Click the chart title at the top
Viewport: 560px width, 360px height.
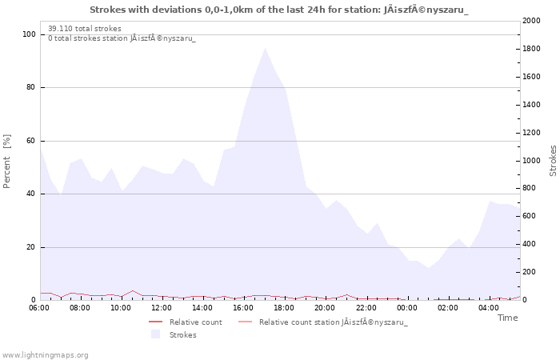click(x=279, y=10)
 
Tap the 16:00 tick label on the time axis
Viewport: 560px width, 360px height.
click(x=243, y=308)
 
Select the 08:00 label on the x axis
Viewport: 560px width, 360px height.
click(x=80, y=308)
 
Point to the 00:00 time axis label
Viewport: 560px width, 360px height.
click(x=406, y=308)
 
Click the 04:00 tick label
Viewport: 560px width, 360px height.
click(x=489, y=308)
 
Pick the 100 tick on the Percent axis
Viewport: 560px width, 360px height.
click(x=29, y=34)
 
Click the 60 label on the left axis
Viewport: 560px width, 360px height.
click(x=31, y=141)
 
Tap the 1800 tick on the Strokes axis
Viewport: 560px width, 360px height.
click(x=531, y=49)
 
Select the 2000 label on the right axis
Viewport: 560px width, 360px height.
click(x=531, y=21)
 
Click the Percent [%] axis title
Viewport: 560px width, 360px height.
click(x=6, y=161)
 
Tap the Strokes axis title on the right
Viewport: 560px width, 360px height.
click(x=553, y=161)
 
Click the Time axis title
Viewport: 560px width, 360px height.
click(x=507, y=318)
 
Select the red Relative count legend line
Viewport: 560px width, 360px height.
click(x=156, y=322)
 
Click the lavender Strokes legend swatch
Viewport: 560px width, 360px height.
click(x=155, y=334)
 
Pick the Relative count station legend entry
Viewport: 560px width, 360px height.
click(x=323, y=322)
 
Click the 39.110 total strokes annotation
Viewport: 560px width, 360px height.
click(x=85, y=29)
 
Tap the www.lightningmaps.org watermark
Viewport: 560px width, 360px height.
click(x=45, y=355)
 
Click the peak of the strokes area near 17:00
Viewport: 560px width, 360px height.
click(x=265, y=48)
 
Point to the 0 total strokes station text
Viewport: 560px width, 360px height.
click(x=122, y=38)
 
